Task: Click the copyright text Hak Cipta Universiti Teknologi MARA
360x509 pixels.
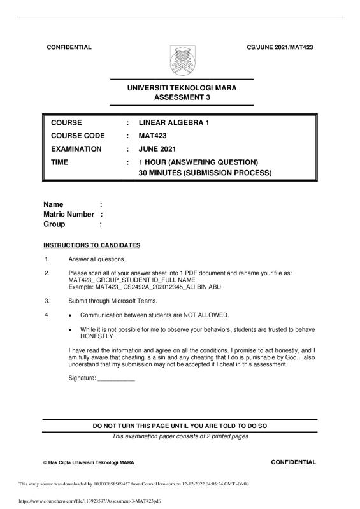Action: (89, 462)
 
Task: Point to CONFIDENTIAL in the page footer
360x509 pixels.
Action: (293, 461)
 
